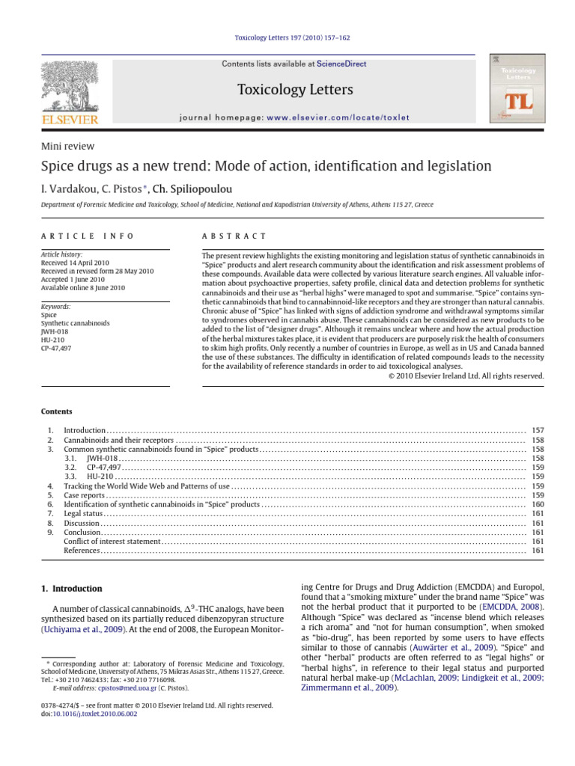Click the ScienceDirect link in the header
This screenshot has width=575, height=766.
pos(341,64)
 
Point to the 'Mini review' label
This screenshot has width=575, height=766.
pos(67,147)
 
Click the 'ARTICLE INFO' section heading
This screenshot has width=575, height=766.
pos(88,236)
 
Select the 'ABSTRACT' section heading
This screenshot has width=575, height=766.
pos(234,236)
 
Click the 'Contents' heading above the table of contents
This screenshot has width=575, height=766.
pos(57,411)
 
